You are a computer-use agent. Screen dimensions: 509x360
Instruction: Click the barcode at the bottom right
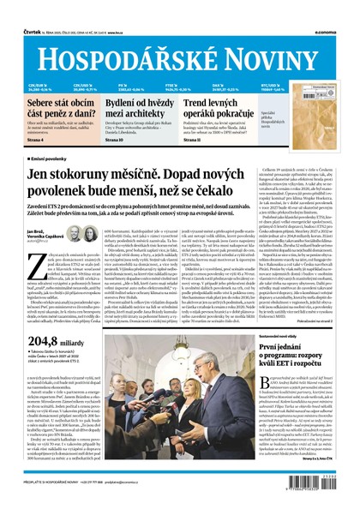click(x=327, y=488)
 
